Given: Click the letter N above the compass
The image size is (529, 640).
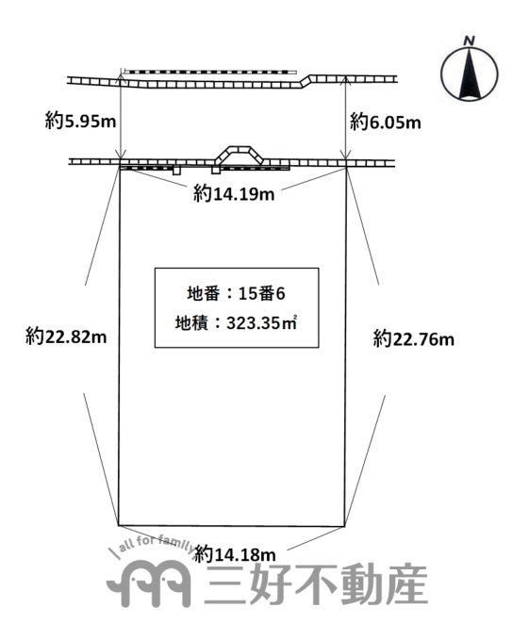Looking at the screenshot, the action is tap(470, 41).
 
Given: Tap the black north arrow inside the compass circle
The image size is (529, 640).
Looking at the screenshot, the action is tap(470, 74).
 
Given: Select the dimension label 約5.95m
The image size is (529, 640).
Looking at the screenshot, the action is tap(81, 121).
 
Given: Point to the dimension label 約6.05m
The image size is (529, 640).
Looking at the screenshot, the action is tap(386, 122).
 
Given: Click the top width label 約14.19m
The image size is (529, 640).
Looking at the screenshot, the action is tap(234, 193).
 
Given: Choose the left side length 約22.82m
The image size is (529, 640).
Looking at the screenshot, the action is tap(66, 337).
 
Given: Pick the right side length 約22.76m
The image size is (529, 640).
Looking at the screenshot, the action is tap(413, 339).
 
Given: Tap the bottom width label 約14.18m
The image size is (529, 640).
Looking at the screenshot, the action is tap(235, 554).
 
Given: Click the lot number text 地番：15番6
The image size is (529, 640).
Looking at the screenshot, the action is tap(236, 293).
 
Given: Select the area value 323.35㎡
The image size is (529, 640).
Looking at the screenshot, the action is tap(261, 323).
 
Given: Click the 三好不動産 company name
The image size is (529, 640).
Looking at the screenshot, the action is tap(316, 585).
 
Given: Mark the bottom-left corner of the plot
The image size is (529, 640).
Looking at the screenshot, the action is tap(119, 525).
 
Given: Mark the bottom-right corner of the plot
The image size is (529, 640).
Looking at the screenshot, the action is tap(345, 526).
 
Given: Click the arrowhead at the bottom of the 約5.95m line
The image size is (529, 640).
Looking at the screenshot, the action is tap(121, 154).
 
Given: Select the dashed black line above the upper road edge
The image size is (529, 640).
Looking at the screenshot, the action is tap(209, 72).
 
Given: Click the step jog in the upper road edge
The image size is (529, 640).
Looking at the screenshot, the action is tap(306, 80).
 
